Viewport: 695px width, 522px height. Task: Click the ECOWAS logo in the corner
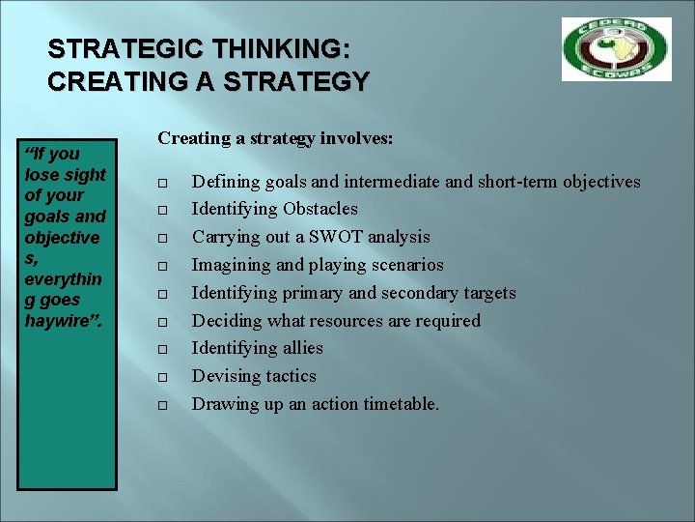click(616, 49)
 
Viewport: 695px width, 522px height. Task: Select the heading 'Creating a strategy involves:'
click(275, 138)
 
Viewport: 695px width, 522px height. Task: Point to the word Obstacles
click(320, 209)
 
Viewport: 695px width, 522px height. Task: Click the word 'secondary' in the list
click(418, 293)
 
